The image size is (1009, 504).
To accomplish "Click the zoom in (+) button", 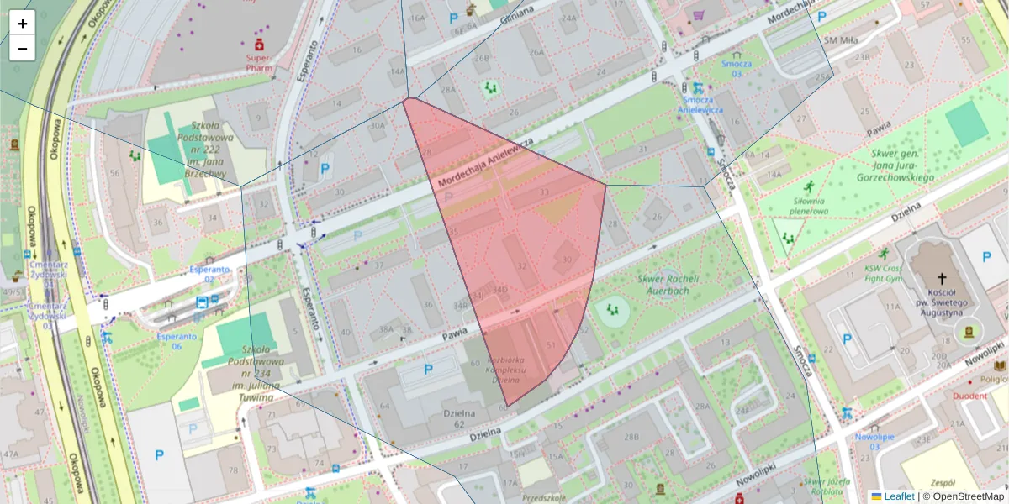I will click(23, 24).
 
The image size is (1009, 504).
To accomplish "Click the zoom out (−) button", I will click(23, 49).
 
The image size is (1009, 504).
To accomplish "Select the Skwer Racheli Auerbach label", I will click(664, 285).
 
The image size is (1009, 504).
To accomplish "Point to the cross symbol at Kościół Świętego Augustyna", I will click(943, 279).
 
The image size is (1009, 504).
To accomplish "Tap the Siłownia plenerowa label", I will click(810, 206).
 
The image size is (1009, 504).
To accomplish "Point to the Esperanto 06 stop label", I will click(177, 340).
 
